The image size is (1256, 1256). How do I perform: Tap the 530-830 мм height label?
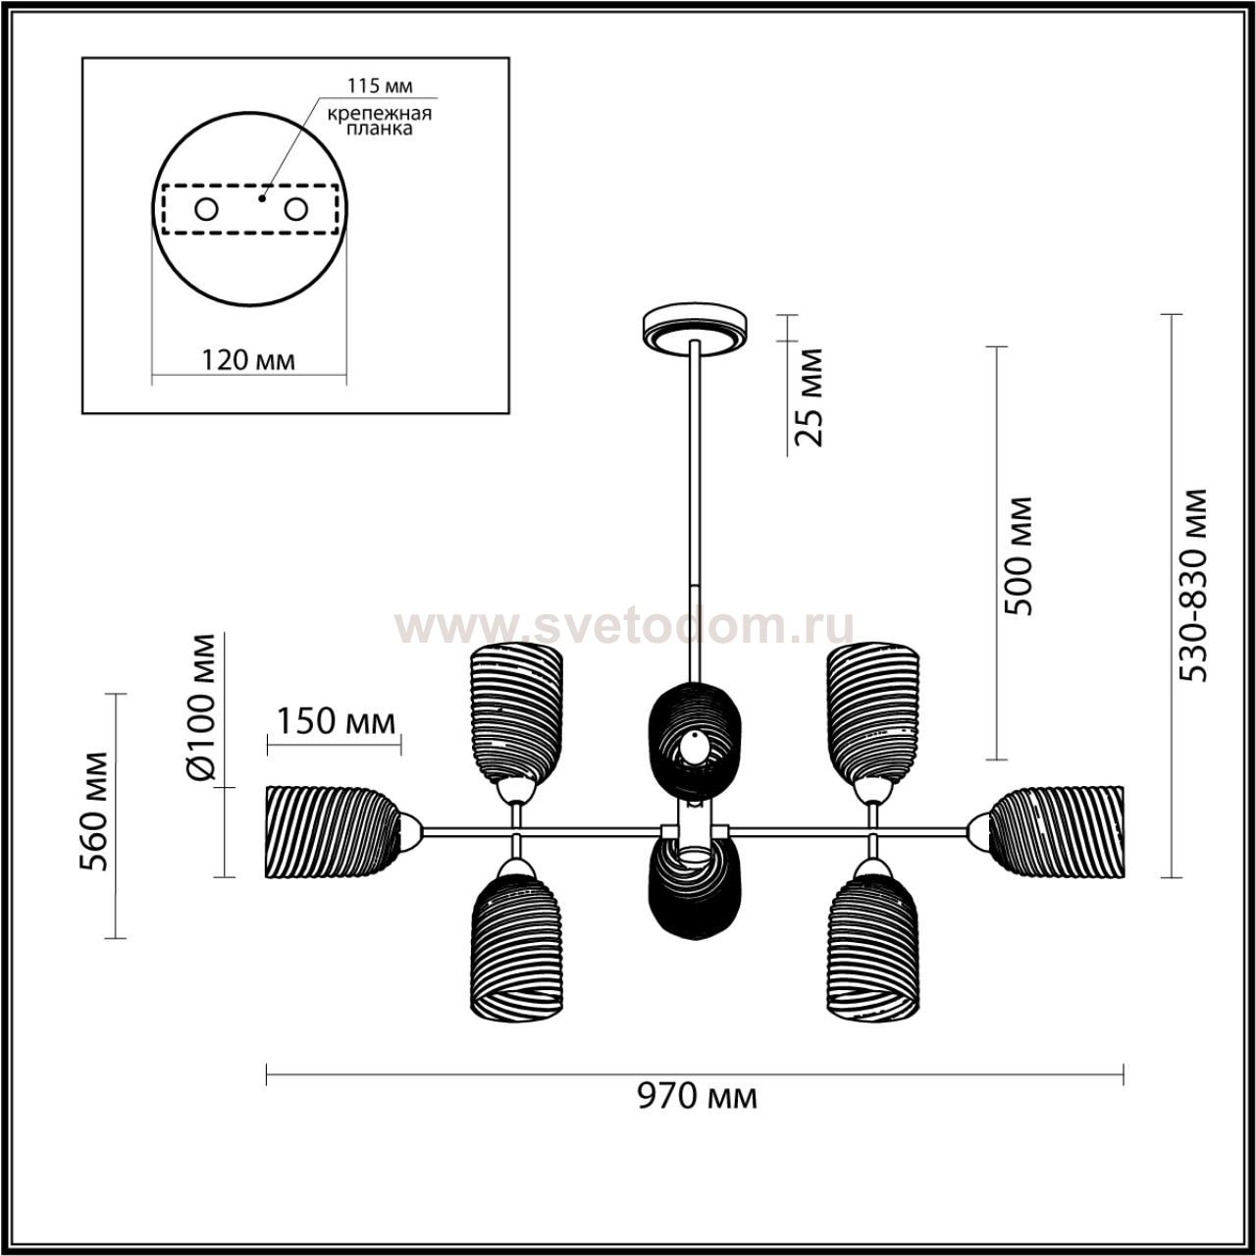(1194, 585)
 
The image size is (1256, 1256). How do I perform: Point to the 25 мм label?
(809, 397)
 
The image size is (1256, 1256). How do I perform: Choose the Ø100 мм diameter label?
(199, 706)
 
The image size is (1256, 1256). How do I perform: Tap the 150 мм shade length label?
(337, 721)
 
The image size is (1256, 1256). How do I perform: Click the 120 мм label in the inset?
(248, 359)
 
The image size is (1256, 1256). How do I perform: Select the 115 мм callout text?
(380, 85)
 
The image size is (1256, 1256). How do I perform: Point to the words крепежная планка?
(380, 121)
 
